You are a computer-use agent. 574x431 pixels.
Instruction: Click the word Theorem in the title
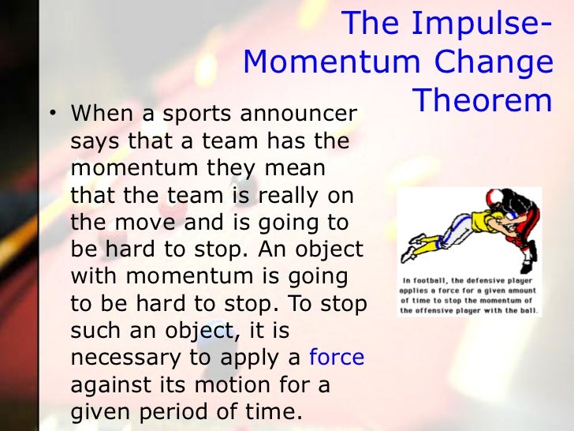point(482,100)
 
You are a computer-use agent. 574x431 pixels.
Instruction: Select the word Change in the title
point(505,62)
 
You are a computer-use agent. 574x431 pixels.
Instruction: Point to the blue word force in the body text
point(337,357)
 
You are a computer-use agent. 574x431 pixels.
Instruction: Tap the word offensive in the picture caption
point(437,310)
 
